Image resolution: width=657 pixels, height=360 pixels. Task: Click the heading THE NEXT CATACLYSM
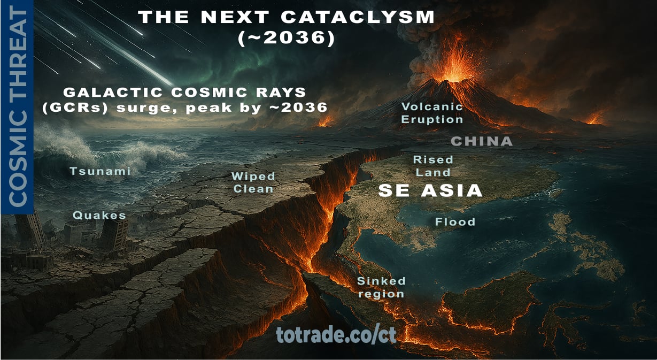click(x=287, y=17)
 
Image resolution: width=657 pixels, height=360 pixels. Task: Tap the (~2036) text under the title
click(x=286, y=39)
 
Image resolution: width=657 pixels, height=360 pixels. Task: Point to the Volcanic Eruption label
click(x=432, y=112)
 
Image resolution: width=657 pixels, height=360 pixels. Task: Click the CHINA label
click(x=482, y=141)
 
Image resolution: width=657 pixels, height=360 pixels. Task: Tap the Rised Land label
click(x=433, y=166)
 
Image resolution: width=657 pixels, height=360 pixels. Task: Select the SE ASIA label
click(x=430, y=190)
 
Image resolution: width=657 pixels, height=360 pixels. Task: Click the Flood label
click(x=455, y=221)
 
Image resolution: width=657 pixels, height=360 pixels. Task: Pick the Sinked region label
click(x=381, y=287)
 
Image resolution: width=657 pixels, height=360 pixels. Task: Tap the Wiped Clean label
click(x=253, y=182)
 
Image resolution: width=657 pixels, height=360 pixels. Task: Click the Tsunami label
click(x=100, y=171)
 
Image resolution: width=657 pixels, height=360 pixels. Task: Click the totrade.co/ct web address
click(x=336, y=334)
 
